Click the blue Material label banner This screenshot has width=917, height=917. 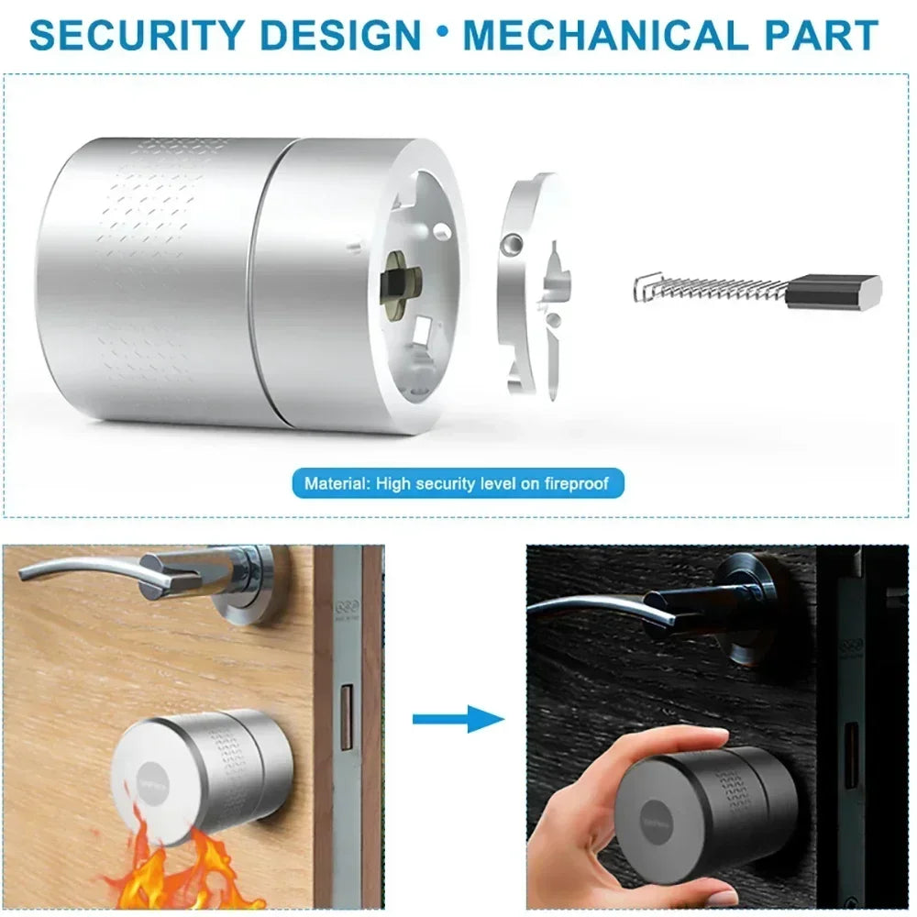[458, 482]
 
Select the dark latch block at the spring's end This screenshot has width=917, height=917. [834, 291]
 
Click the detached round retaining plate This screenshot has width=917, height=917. [532, 284]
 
